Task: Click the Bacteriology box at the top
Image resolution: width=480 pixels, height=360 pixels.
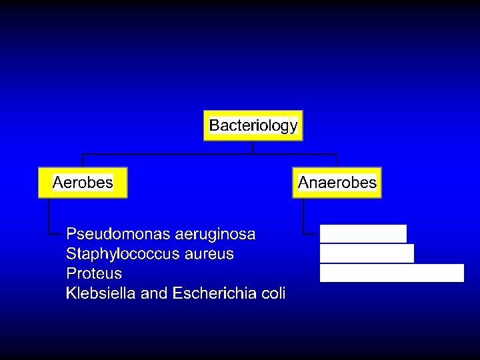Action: click(253, 125)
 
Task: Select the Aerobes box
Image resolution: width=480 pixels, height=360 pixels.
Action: click(83, 183)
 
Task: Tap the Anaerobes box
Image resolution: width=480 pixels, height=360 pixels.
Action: click(337, 183)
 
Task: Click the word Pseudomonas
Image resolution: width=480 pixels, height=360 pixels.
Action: click(118, 235)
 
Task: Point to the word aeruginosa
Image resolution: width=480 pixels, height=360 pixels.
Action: click(215, 235)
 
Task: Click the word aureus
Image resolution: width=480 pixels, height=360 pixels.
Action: click(212, 254)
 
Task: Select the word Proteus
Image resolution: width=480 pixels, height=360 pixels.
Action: click(94, 273)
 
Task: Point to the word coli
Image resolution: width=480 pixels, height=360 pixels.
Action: click(273, 293)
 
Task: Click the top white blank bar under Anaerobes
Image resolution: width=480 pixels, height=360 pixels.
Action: click(363, 234)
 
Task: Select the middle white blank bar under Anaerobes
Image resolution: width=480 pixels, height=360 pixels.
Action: click(367, 253)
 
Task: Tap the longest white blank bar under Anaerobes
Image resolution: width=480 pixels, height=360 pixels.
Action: click(391, 273)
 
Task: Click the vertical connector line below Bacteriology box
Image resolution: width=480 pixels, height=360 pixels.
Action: click(253, 147)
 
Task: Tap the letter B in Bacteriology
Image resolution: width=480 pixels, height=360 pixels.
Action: click(214, 125)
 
